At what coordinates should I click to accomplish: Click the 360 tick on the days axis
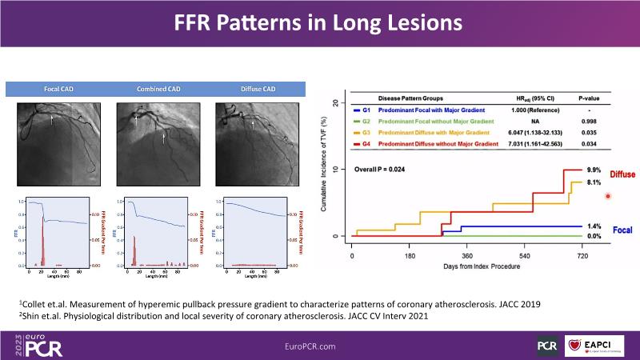pos(467,256)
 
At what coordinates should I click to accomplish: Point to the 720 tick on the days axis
pos(582,256)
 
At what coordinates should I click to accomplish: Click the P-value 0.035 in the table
pos(589,131)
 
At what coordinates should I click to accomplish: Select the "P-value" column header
pos(589,98)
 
